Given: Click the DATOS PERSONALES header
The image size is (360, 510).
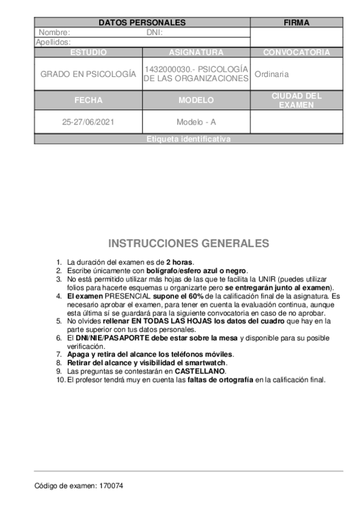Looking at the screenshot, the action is [142, 23].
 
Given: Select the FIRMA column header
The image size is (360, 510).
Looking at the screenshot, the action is [296, 23].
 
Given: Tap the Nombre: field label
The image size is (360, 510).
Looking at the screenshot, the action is [54, 32].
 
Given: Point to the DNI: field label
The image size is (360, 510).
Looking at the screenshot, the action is [155, 32].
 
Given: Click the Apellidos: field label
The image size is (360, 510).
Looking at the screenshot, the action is [53, 42].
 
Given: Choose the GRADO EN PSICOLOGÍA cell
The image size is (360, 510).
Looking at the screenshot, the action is [88, 74].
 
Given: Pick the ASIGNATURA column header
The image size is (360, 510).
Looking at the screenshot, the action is [196, 52].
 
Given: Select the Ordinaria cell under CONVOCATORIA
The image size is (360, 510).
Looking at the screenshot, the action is [272, 74].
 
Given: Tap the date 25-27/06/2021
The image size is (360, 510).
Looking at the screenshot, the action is [88, 121].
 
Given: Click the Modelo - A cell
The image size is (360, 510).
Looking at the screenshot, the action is [196, 121].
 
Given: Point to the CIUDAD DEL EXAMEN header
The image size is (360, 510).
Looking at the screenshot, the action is [296, 100].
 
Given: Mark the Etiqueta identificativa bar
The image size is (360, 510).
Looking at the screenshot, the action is [188, 140].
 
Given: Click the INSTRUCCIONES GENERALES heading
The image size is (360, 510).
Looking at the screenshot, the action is [189, 244].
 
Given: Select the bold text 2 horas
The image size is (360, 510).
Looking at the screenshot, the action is [180, 262].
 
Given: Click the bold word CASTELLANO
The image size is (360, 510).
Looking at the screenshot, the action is [200, 372].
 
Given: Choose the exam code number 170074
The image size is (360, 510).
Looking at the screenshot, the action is [111, 485].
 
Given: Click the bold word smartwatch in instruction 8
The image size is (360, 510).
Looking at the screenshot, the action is [206, 363].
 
